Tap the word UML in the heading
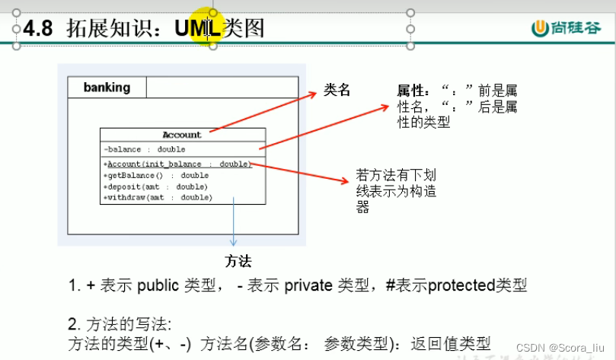(x=197, y=29)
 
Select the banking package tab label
(x=107, y=88)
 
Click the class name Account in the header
(x=182, y=135)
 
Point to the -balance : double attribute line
(x=145, y=149)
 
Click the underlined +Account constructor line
(x=177, y=164)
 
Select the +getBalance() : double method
(x=145, y=175)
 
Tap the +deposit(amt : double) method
(x=145, y=186)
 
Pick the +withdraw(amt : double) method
(x=147, y=197)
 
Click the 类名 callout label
(x=337, y=90)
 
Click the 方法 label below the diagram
(x=238, y=261)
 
